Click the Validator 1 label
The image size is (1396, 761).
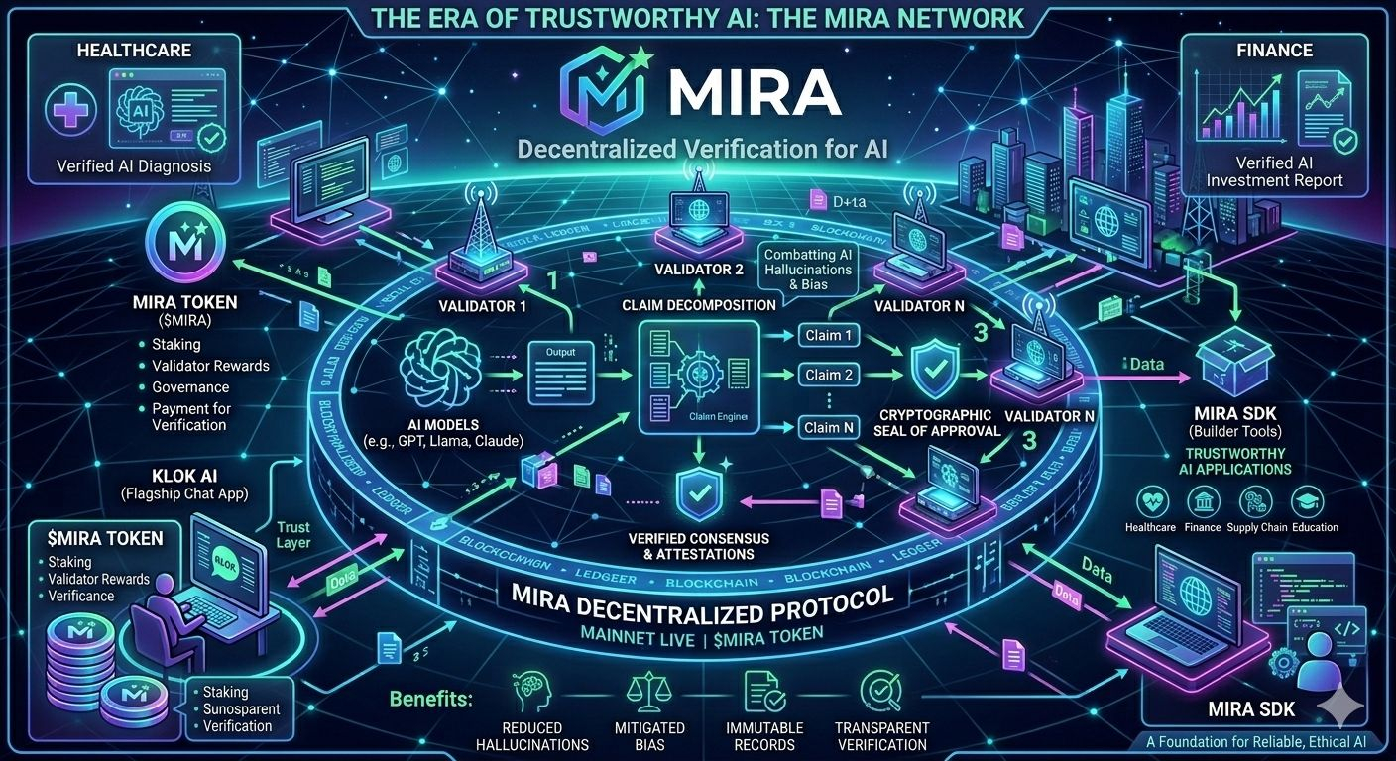click(x=483, y=307)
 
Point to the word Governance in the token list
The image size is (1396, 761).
click(x=190, y=387)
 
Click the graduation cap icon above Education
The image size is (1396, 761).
click(x=1315, y=501)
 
